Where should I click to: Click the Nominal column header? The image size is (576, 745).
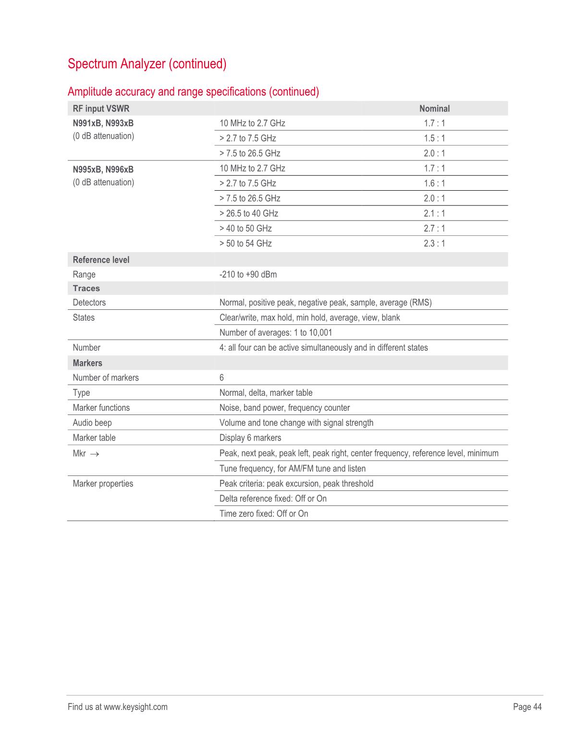[x=434, y=109]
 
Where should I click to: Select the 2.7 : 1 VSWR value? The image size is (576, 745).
[x=434, y=228]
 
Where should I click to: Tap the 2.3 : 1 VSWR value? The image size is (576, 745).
[x=434, y=244]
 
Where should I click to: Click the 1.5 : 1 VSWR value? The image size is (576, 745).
[x=434, y=138]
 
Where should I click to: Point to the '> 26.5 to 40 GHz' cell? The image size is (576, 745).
[x=249, y=213]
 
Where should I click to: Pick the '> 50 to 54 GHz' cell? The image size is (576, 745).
[x=245, y=244]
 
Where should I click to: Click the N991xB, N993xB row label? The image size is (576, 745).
[x=103, y=123]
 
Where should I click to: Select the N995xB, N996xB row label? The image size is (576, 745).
[x=103, y=170]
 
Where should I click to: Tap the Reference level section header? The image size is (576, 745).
[x=101, y=260]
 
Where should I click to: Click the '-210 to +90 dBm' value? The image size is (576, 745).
[x=248, y=275]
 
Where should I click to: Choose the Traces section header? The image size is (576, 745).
[x=86, y=288]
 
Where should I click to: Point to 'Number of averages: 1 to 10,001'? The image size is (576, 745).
[x=276, y=332]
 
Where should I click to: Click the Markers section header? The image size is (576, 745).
[x=87, y=363]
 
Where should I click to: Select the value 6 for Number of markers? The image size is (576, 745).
[x=221, y=378]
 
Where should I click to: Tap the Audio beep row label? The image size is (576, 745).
[x=92, y=423]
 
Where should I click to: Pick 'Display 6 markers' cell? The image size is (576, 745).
[x=250, y=438]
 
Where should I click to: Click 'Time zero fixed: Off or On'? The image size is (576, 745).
[x=264, y=513]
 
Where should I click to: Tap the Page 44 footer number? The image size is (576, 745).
[x=527, y=707]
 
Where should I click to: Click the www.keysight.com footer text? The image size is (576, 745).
[x=135, y=707]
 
